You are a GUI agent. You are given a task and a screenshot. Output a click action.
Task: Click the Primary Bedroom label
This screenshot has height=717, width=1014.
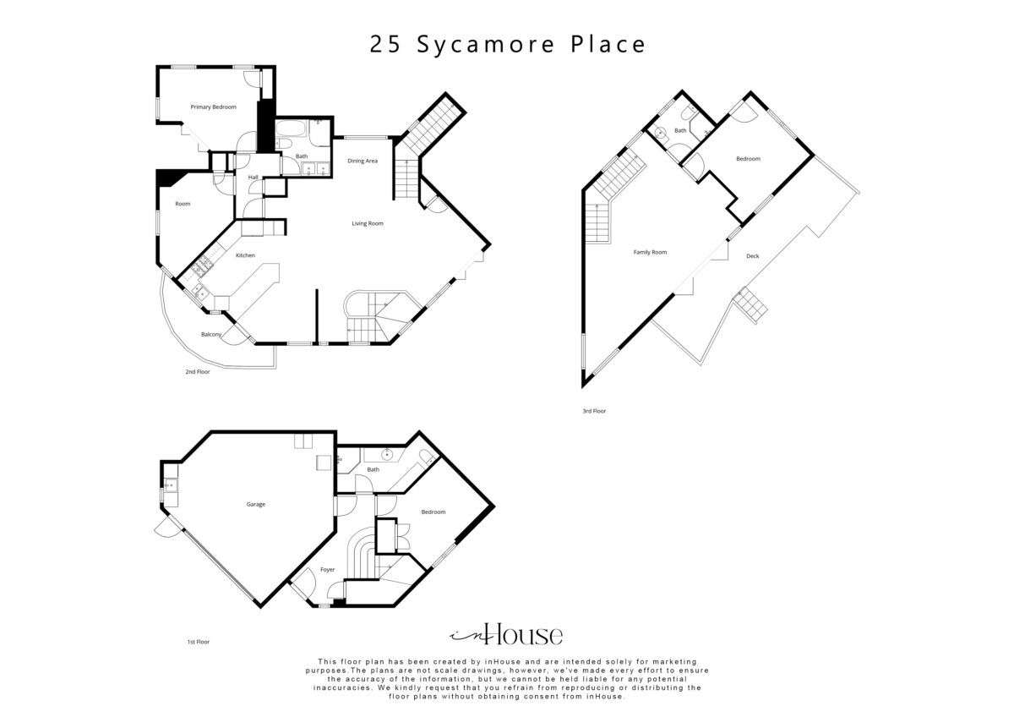(x=213, y=107)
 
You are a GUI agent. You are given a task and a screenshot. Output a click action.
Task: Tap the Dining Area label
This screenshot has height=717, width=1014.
(x=363, y=161)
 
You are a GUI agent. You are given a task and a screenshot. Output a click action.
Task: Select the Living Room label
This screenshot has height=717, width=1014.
(x=368, y=223)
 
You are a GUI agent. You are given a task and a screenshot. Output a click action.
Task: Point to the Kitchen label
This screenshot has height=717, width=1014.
(x=245, y=255)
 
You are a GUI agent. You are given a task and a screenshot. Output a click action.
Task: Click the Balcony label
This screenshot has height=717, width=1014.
(x=211, y=335)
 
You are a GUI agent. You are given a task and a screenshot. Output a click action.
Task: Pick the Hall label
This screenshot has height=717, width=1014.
(x=253, y=177)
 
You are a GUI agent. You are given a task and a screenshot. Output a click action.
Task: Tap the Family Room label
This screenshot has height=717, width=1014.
(x=650, y=252)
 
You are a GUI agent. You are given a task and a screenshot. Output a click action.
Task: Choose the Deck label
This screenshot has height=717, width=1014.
(x=752, y=256)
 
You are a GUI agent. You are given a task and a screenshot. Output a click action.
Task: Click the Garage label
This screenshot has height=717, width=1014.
(x=256, y=504)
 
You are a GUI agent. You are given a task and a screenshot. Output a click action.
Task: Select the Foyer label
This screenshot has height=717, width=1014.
(x=327, y=570)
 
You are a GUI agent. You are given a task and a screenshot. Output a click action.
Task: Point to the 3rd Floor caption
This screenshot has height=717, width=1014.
(x=594, y=411)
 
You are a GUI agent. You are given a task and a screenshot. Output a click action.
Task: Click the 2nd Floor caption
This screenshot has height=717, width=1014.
(x=198, y=372)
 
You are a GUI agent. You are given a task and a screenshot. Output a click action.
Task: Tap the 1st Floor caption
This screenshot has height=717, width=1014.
(x=199, y=642)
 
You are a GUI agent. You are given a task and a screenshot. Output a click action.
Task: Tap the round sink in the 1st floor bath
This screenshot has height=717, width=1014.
(x=388, y=454)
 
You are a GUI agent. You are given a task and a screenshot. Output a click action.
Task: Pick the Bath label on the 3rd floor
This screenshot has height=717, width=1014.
(x=680, y=130)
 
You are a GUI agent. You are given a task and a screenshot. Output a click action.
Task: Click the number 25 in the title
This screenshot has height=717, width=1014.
(x=385, y=45)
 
